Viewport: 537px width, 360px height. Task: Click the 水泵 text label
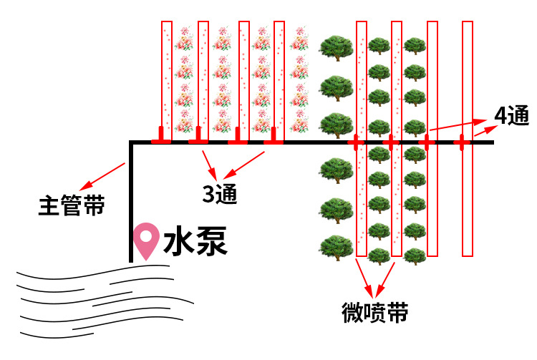195,243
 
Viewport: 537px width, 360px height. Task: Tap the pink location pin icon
147,240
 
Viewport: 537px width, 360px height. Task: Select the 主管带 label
72,207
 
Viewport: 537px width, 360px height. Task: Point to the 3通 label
219,193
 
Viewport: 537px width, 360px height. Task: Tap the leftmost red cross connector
356,143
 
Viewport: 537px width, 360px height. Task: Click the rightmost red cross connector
463,143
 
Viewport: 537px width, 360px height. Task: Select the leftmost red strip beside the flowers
167,79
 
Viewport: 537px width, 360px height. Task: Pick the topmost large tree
336,48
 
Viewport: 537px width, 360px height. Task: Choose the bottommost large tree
336,247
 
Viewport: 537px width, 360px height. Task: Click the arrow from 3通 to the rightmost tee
248,162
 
